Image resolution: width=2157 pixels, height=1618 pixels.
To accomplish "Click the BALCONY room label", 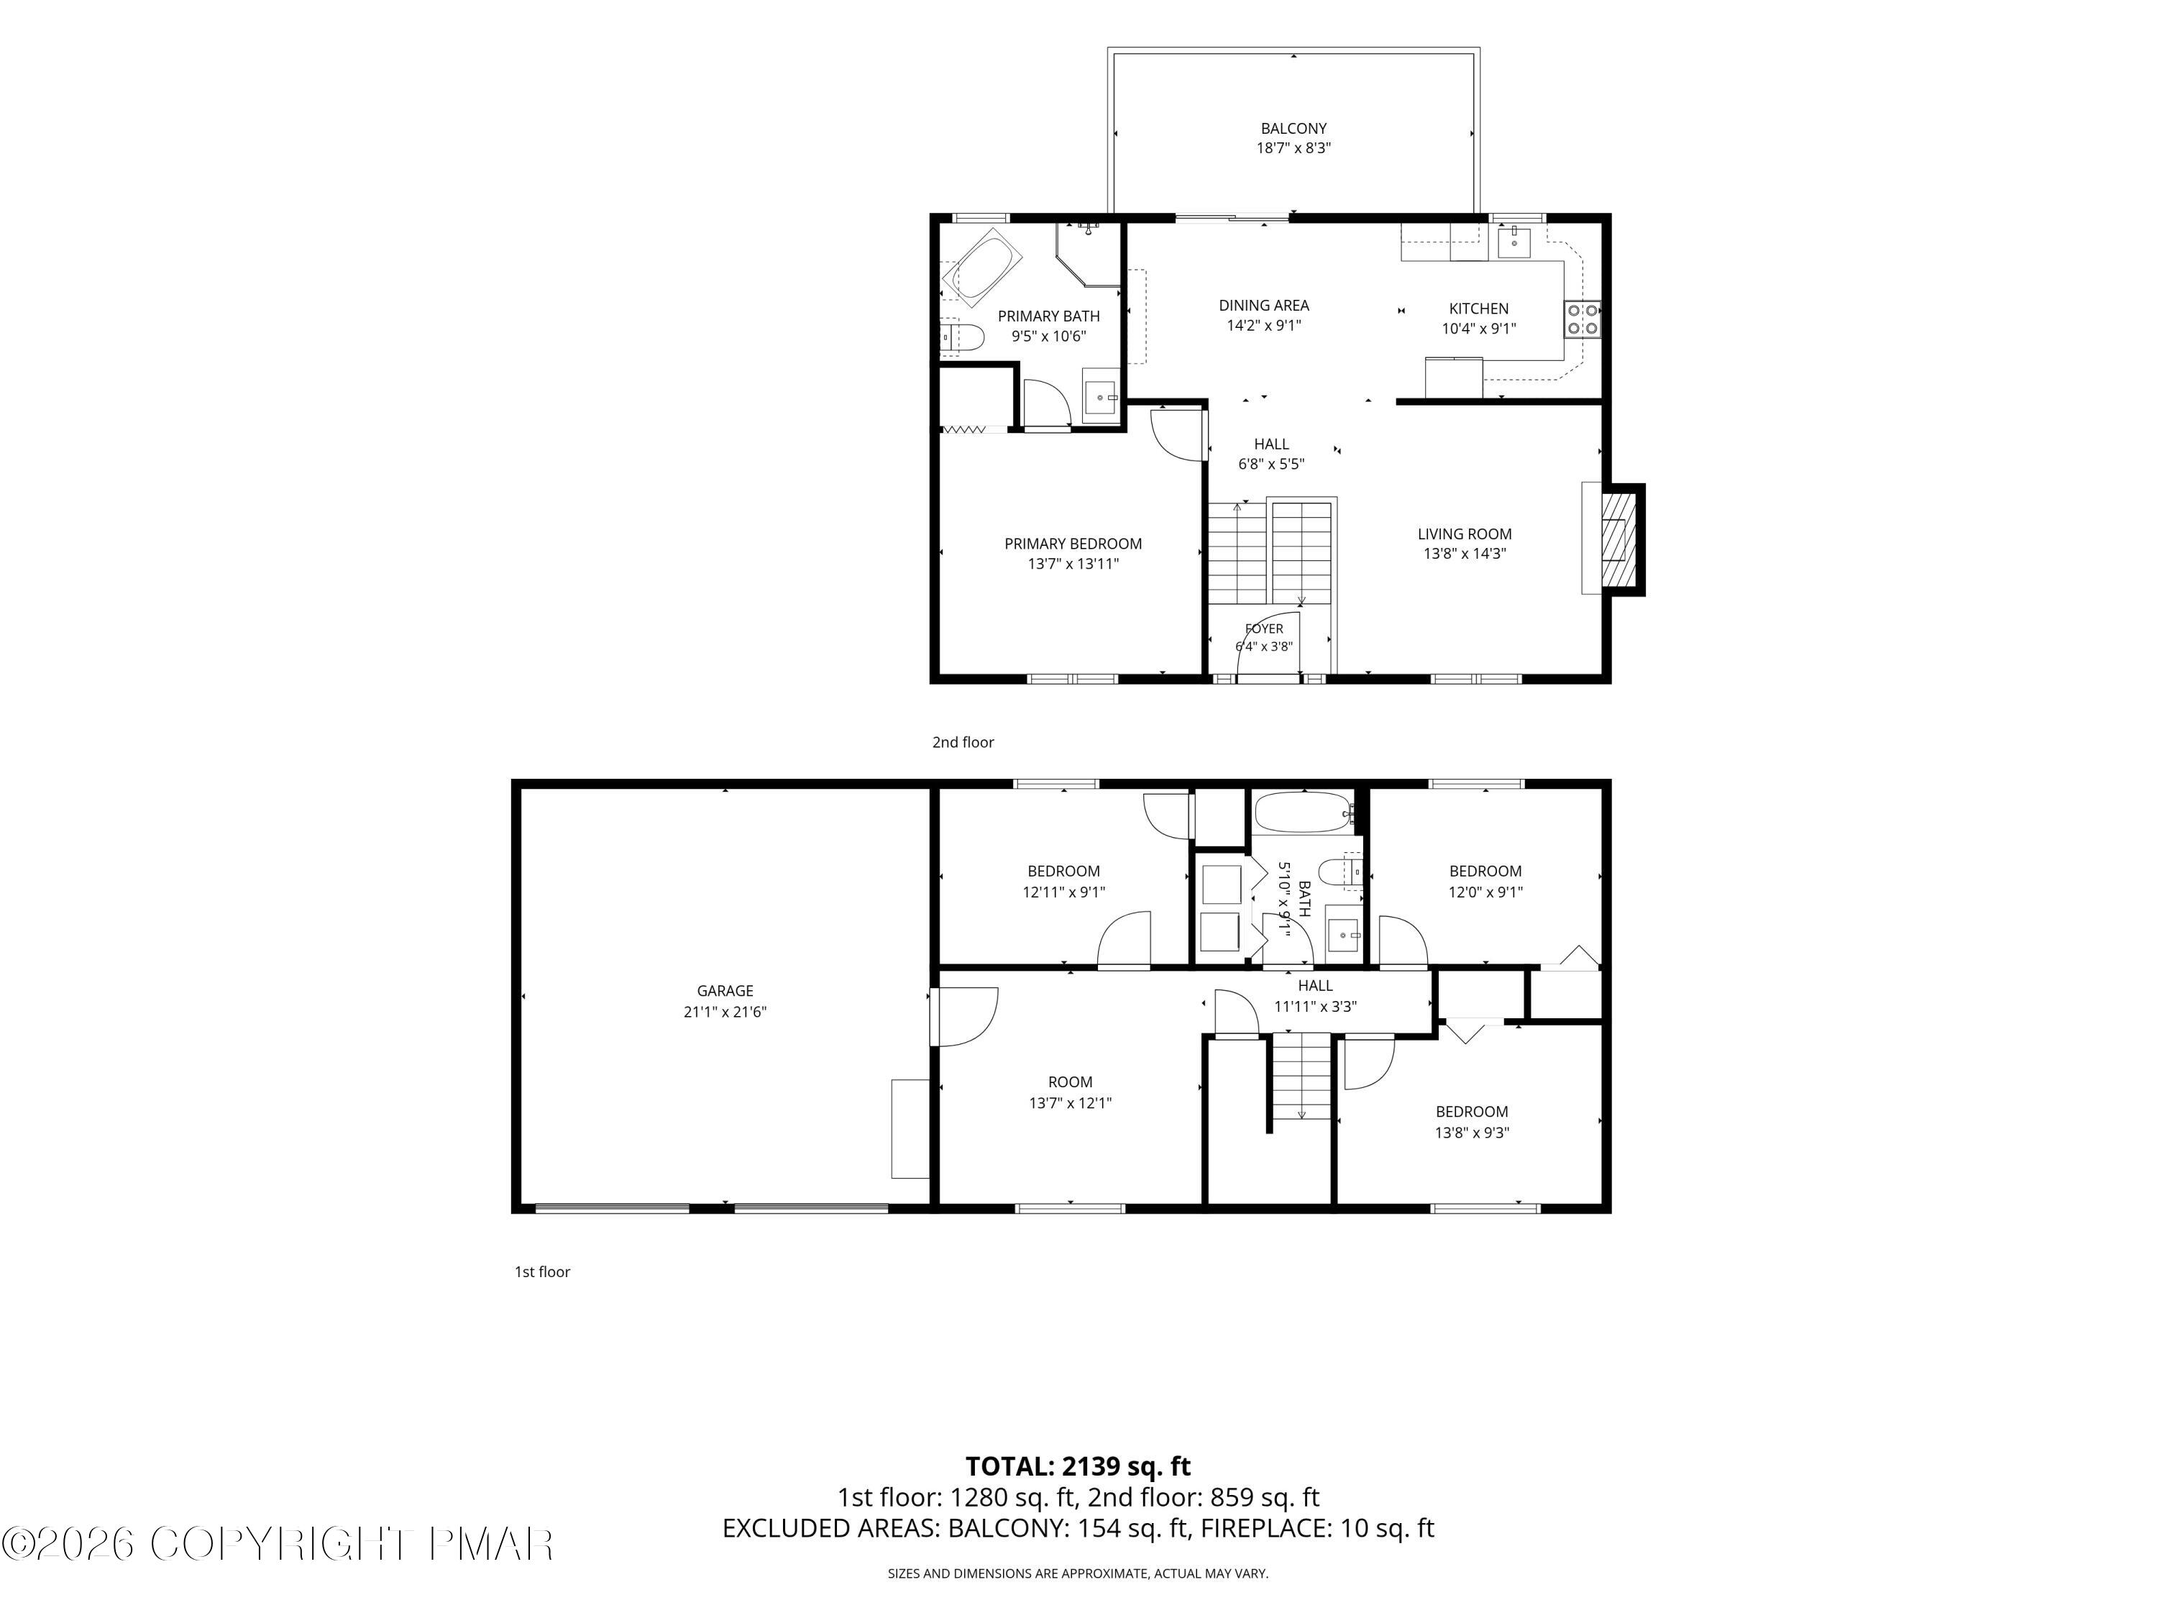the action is pos(1293,128).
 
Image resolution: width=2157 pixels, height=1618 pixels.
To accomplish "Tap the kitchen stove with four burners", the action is pos(1582,318).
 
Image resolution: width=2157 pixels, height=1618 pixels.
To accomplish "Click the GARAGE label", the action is pos(725,991).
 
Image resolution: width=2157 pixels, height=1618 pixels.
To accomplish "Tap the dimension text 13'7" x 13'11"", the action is pos(1073,564).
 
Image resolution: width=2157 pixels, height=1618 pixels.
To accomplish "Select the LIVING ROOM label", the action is pos(1465,534).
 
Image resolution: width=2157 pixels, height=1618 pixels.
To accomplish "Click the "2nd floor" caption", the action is pos(963,742).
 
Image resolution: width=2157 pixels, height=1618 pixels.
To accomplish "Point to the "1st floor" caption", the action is pos(542,1272).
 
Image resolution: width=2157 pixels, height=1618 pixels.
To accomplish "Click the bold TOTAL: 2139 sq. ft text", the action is pos(1078,1466).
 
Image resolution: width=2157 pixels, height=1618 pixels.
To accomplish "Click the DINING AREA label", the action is pos(1264,306).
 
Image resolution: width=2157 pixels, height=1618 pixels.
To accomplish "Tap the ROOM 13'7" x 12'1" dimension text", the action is pos(1070,1103).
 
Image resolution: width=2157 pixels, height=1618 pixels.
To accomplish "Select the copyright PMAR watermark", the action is pos(278,1544).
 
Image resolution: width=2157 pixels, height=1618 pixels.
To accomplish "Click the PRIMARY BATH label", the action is pos(1048,316).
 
